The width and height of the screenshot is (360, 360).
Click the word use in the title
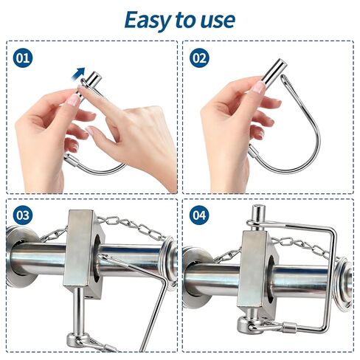215,20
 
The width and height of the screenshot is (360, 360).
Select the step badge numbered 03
24,215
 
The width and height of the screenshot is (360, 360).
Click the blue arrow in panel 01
77,72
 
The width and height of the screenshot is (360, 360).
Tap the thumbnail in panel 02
257,88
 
